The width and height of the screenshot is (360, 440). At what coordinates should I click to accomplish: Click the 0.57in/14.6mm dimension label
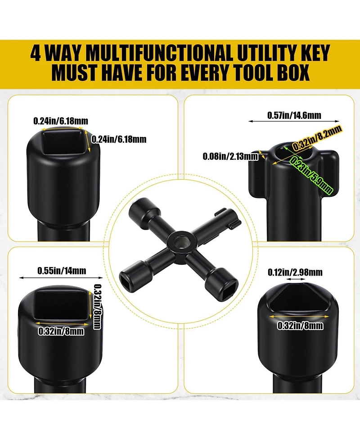coord(294,115)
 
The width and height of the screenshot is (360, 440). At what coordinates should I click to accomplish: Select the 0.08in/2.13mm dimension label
coord(230,156)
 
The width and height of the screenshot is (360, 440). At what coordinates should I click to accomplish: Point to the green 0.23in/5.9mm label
coord(311,175)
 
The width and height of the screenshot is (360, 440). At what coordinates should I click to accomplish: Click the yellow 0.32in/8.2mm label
coord(317,138)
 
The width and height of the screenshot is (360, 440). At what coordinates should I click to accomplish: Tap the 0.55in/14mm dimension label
coord(62,271)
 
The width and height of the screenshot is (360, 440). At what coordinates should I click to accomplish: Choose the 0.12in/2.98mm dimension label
coord(295,272)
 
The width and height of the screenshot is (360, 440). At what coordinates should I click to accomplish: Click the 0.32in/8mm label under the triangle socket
coord(300,326)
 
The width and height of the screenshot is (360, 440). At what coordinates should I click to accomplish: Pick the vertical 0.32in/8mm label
coord(97,306)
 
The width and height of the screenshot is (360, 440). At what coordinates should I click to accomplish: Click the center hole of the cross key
coord(178,241)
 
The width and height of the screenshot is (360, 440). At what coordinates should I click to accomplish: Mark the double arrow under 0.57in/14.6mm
coord(294,121)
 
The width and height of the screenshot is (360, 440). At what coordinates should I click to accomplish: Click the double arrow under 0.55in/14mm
coord(61,277)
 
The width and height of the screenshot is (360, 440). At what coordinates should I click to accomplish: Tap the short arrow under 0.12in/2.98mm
coord(296,279)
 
